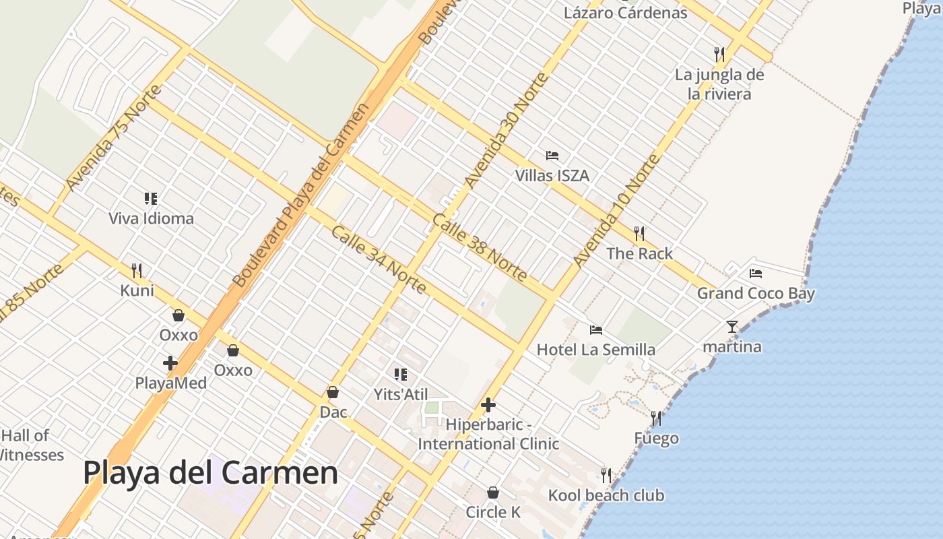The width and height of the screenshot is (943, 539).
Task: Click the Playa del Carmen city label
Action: coord(210,473)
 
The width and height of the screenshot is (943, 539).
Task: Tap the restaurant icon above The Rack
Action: coord(639,234)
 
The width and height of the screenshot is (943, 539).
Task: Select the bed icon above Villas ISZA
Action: coord(552,156)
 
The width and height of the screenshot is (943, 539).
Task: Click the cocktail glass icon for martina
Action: coord(732,327)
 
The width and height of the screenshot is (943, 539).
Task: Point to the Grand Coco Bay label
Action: coord(756,294)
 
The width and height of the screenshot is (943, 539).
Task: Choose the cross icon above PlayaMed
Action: coord(170,363)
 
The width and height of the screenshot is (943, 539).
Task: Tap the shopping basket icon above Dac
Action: coord(333,392)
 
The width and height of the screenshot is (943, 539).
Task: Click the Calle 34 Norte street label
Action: coord(379,259)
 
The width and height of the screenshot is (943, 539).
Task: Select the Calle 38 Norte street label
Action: coord(480,247)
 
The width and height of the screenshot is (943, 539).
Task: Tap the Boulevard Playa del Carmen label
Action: coord(301,195)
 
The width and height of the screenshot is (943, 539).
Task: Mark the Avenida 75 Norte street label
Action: coord(115,137)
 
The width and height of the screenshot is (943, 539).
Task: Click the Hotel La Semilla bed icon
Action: coord(596,330)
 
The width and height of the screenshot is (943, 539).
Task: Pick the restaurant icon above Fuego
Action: coord(656,418)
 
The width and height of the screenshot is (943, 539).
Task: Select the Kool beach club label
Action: coord(606,496)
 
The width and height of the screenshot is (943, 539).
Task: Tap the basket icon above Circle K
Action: coord(493,493)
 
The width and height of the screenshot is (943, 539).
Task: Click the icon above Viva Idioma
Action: coord(151,199)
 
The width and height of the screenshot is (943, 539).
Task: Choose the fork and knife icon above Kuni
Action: coord(137,271)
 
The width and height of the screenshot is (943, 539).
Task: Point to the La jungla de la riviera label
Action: coord(719,84)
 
